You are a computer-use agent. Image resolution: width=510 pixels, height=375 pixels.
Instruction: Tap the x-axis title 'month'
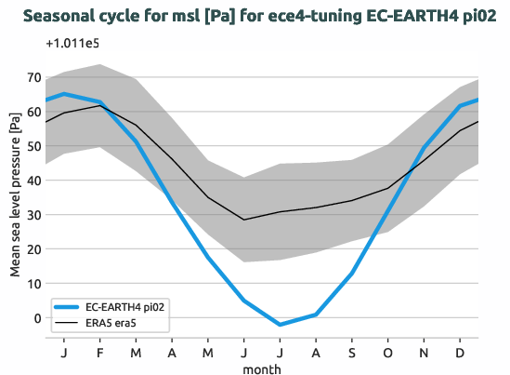tap(261, 368)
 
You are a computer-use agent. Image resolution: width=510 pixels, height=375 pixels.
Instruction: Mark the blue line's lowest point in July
tap(280, 325)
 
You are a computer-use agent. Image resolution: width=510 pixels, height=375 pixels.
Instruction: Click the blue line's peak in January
tap(64, 94)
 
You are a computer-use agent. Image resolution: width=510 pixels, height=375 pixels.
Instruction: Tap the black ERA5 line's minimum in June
tap(244, 220)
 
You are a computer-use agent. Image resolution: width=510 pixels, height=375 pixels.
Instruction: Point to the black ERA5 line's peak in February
tap(100, 105)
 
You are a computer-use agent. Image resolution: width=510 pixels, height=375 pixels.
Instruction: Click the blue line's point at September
tap(352, 274)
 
